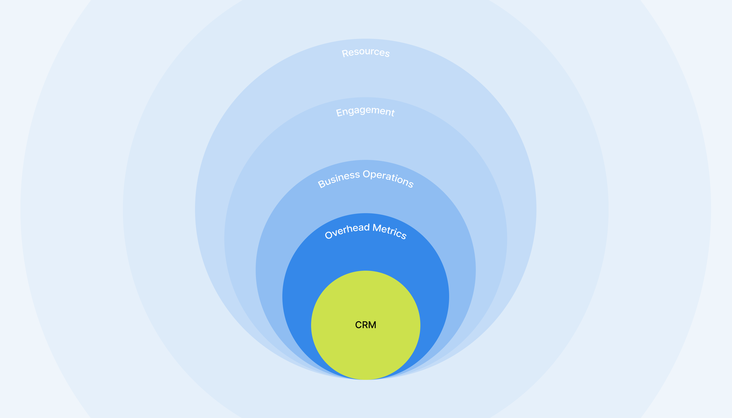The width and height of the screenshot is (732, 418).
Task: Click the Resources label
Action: point(365,52)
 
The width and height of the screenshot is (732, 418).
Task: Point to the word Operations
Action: point(388,178)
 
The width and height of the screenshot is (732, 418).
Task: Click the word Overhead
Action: point(347,231)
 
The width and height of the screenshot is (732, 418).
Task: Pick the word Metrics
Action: point(390,231)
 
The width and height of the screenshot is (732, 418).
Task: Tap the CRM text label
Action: point(365,325)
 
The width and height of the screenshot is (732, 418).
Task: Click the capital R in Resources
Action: point(345,54)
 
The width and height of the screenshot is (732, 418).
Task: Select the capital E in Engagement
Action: point(339,113)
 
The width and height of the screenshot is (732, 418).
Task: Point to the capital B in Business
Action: point(322,184)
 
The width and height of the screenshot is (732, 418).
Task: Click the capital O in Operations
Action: point(366,174)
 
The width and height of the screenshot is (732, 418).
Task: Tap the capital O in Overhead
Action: point(328,235)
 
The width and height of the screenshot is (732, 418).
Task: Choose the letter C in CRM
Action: point(358,325)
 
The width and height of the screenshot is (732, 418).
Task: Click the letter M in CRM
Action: point(372,325)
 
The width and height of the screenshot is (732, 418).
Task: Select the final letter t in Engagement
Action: point(392,113)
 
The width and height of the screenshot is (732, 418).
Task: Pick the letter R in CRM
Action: point(365,325)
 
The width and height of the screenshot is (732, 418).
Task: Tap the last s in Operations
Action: point(410,185)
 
